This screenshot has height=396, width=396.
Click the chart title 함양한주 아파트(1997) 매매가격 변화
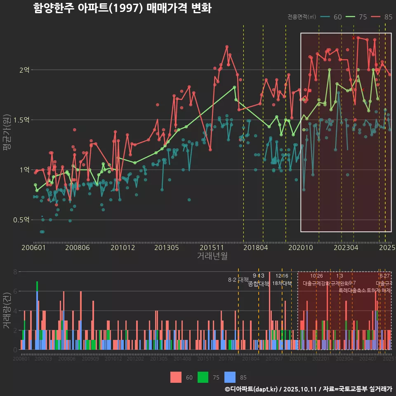point(122,8)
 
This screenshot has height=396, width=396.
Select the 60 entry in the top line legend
point(337,17)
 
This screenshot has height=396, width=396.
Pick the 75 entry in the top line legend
point(363,17)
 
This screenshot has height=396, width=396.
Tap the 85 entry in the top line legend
point(388,17)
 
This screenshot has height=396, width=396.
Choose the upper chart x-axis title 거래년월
point(212,256)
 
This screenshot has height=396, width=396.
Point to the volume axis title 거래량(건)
point(7,310)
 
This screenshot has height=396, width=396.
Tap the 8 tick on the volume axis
point(15,272)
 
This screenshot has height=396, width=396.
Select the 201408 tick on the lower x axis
point(182,359)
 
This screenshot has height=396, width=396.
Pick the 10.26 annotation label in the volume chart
point(316,276)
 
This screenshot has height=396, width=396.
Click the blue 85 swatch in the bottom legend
point(230,377)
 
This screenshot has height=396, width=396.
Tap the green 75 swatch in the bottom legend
point(203,377)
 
